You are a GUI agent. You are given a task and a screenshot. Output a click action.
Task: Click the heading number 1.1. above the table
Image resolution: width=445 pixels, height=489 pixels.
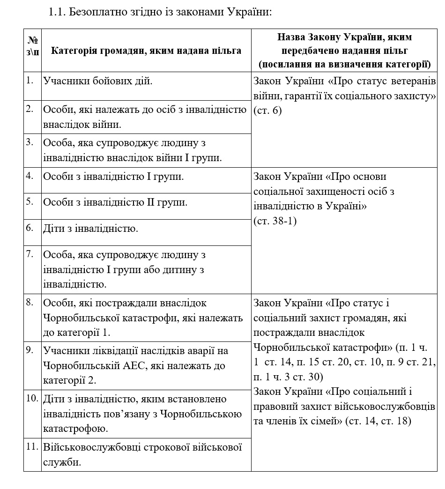58,12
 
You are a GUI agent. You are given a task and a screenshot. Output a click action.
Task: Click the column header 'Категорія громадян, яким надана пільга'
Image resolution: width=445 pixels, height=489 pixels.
146,51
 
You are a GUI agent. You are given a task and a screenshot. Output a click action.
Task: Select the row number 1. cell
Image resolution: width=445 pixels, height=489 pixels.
30,80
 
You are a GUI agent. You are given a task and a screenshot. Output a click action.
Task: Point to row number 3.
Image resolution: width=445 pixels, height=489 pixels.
30,141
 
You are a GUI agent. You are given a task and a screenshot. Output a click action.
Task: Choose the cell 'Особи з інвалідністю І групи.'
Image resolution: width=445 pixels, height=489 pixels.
113,177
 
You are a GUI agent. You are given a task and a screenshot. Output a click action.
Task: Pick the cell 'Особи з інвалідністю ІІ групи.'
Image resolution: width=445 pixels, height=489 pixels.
115,202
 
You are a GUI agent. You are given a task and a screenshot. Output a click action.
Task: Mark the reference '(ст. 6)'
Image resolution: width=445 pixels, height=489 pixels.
267,111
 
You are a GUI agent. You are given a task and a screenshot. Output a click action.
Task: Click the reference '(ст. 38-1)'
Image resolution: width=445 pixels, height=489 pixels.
275,221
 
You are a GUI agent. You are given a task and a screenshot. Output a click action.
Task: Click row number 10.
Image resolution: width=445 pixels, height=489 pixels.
32,398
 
